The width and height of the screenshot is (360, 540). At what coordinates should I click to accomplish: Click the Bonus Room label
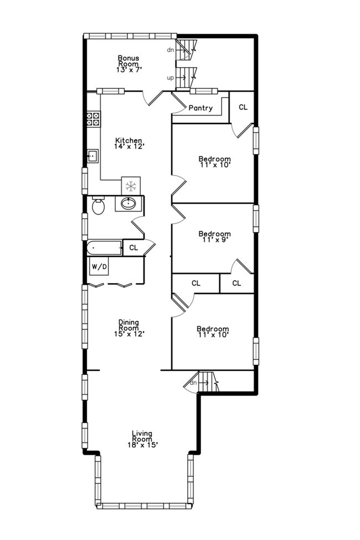pyautogui.click(x=128, y=61)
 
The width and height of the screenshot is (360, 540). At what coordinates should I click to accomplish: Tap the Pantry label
pyautogui.click(x=200, y=108)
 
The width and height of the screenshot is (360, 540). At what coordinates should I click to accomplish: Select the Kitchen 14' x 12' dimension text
pyautogui.click(x=128, y=147)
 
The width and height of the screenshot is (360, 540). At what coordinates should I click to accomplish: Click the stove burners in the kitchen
pyautogui.click(x=93, y=118)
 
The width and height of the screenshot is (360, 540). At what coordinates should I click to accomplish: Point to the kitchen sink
pyautogui.click(x=92, y=156)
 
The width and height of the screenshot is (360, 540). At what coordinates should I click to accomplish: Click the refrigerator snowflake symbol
pyautogui.click(x=131, y=186)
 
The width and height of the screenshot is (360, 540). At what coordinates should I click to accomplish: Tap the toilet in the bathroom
pyautogui.click(x=99, y=207)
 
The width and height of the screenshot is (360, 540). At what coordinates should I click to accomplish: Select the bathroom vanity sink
pyautogui.click(x=129, y=204)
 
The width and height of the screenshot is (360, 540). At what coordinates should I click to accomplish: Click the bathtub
pyautogui.click(x=104, y=248)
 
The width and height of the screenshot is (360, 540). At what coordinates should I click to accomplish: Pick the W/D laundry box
pyautogui.click(x=99, y=267)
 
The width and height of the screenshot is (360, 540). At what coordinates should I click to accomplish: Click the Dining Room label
pyautogui.click(x=128, y=325)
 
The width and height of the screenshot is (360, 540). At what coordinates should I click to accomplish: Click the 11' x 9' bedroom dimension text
pyautogui.click(x=214, y=240)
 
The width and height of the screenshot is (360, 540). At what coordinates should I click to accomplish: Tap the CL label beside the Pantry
pyautogui.click(x=243, y=107)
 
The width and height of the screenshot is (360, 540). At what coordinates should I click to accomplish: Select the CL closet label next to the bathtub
pyautogui.click(x=133, y=248)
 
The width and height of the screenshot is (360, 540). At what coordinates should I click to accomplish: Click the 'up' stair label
pyautogui.click(x=171, y=78)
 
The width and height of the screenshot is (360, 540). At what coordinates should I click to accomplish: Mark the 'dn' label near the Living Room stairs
pyautogui.click(x=193, y=383)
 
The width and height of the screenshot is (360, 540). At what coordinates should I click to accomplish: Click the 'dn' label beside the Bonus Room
pyautogui.click(x=171, y=50)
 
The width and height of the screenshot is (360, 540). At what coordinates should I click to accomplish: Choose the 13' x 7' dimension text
pyautogui.click(x=128, y=70)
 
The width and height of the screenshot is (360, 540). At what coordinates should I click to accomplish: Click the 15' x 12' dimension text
pyautogui.click(x=128, y=334)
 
